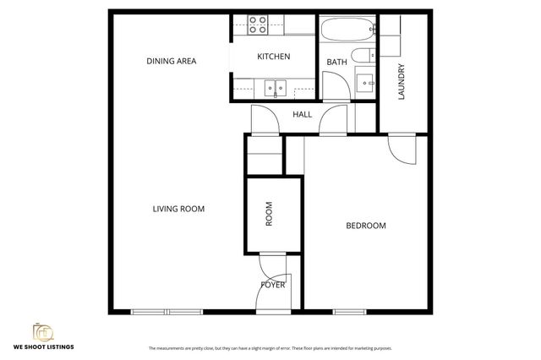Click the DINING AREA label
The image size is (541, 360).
[172, 61]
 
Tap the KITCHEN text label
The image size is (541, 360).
[273, 57]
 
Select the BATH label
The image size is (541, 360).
[336, 62]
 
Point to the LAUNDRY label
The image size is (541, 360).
[402, 82]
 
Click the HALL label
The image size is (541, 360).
[302, 114]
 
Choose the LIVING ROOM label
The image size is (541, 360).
[178, 209]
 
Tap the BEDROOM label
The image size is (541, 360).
[366, 226]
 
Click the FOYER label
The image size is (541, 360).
[272, 285]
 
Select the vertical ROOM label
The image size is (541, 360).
[270, 216]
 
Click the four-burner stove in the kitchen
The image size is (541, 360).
[257, 25]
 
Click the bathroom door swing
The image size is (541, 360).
[333, 85]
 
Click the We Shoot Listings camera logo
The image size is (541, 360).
[41, 330]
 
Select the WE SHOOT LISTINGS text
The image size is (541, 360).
[42, 347]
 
